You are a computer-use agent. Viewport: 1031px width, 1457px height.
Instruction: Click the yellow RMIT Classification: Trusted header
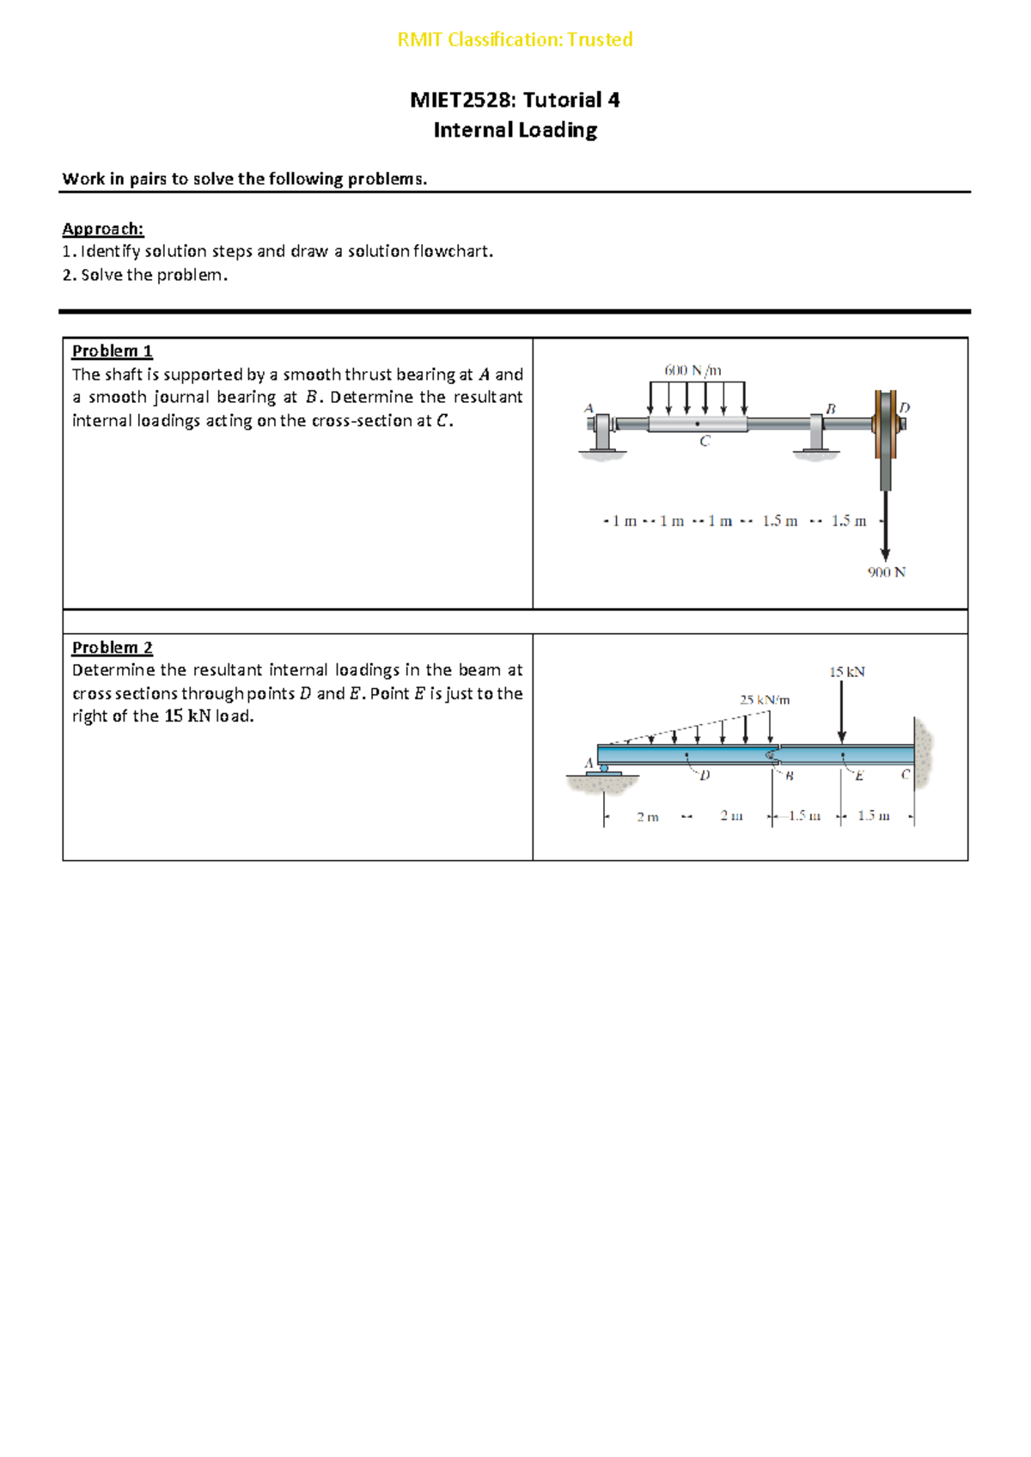[x=515, y=40]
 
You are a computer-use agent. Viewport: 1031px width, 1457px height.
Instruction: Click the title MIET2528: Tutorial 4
[x=515, y=101]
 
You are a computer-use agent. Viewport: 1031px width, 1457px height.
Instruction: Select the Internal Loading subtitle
[x=515, y=131]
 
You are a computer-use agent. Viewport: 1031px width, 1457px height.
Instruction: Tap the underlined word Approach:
[x=103, y=229]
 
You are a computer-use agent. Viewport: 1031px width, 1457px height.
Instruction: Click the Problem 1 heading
[x=112, y=351]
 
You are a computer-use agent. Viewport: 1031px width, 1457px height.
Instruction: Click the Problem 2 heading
[x=112, y=647]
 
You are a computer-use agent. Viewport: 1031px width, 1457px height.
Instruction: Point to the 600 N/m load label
[x=692, y=370]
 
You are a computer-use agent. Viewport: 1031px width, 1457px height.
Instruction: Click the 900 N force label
[x=886, y=572]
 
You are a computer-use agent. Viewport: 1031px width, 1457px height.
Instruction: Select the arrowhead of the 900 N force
[x=885, y=555]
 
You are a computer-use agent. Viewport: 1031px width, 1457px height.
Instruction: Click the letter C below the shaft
[x=705, y=442]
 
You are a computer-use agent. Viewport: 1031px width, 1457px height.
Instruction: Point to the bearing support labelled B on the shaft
[x=816, y=432]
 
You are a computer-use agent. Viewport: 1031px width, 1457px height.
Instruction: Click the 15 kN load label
[x=846, y=672]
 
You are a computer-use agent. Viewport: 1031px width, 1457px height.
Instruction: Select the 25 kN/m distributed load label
[x=765, y=700]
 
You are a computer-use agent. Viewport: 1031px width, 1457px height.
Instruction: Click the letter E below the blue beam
[x=858, y=776]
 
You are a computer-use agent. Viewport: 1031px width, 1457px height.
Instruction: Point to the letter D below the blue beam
[x=705, y=776]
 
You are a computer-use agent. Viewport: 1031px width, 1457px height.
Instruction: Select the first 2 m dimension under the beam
[x=648, y=817]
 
